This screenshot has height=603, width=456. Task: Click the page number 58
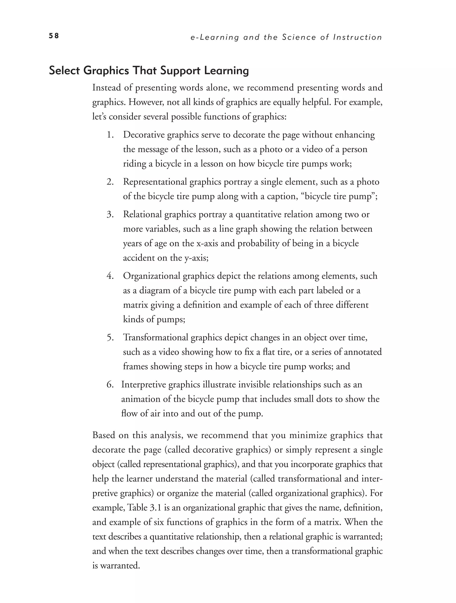[54, 36]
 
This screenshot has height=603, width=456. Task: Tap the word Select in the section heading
[64, 71]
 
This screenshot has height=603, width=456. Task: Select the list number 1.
[110, 135]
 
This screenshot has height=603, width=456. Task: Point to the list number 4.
[110, 276]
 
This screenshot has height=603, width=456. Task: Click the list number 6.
[110, 385]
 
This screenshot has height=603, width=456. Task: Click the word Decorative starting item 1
[143, 135]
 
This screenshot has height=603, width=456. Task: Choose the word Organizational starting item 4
[151, 276]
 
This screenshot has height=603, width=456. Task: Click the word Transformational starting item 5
[156, 337]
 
